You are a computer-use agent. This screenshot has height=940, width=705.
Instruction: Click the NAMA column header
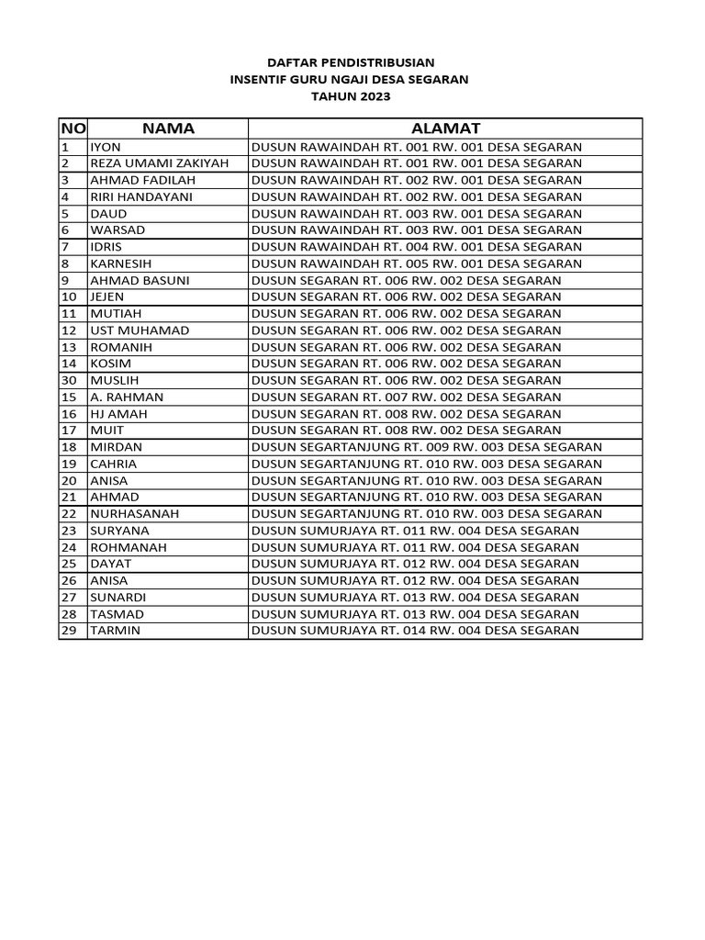click(168, 129)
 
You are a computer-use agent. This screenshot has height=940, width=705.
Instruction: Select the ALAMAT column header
click(445, 129)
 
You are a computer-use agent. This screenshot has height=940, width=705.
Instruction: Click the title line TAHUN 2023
click(349, 96)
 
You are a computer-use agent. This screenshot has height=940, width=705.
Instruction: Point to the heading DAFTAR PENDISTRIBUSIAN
click(349, 63)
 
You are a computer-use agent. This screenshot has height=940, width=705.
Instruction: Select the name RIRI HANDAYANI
click(141, 196)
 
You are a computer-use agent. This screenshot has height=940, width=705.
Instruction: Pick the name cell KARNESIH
click(121, 263)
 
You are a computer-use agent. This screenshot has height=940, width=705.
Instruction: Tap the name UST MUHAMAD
click(140, 330)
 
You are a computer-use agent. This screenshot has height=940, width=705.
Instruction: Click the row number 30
click(69, 380)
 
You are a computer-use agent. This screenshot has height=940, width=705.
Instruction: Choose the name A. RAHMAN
click(127, 397)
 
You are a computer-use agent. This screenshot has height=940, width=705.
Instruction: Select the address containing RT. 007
click(406, 397)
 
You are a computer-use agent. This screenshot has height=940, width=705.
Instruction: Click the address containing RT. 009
click(426, 447)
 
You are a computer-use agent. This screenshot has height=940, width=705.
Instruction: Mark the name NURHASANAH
click(134, 514)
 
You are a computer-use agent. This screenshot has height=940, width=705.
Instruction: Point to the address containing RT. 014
click(415, 631)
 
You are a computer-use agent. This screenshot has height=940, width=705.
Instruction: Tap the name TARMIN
click(115, 631)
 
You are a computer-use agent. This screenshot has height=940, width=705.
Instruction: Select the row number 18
click(69, 447)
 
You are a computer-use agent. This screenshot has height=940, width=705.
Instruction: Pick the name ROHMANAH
click(128, 547)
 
